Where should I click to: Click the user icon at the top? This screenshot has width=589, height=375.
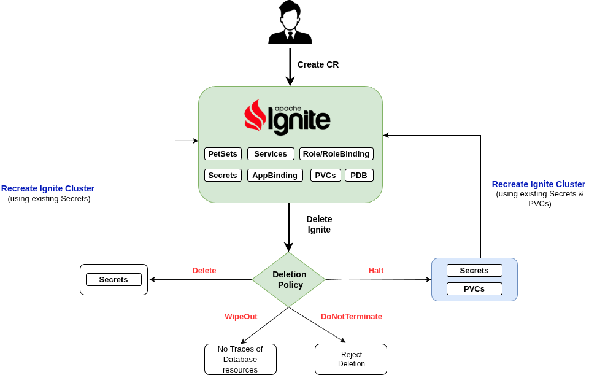290,23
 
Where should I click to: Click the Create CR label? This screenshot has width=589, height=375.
318,64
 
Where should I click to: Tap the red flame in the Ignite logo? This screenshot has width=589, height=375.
255,116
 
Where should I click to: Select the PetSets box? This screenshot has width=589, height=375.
223,154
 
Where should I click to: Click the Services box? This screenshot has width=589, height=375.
271,154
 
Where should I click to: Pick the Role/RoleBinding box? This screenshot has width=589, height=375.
336,154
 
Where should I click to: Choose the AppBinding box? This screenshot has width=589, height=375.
275,175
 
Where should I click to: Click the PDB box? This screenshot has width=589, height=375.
359,175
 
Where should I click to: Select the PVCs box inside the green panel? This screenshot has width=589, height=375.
325,175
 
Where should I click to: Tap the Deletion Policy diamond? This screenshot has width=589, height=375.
289,280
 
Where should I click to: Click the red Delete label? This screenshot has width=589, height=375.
204,270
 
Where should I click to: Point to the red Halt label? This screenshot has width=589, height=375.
376,270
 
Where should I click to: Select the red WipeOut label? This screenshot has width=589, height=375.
241,316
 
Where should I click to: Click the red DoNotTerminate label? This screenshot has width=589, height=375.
352,316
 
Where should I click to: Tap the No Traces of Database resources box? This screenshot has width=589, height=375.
241,359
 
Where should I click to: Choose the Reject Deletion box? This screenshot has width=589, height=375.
351,359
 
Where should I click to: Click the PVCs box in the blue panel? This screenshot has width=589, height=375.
474,288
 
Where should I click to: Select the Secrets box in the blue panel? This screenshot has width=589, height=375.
474,270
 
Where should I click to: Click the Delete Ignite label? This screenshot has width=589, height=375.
319,224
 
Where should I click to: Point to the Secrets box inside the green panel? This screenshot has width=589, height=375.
223,175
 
